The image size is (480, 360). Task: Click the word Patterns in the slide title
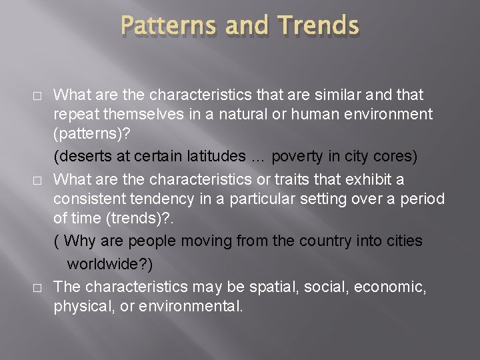pos(169,26)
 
